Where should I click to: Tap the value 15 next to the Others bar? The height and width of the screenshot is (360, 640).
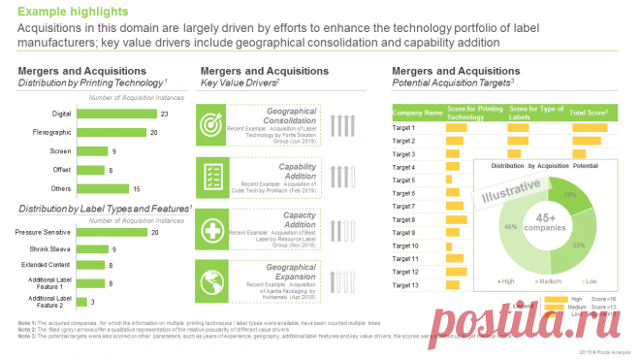point(136,188)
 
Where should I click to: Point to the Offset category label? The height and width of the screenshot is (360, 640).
point(60,170)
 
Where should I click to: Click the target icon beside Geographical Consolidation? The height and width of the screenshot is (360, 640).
point(212,125)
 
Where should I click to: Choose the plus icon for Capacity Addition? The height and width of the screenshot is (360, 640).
point(212,229)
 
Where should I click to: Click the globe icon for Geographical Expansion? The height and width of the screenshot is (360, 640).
point(212,280)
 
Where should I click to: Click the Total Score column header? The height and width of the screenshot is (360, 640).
point(589,114)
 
